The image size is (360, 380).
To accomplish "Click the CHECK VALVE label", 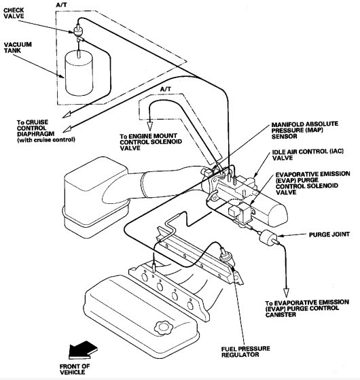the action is click(14, 14).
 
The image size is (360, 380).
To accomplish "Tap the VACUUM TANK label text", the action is click(18, 48).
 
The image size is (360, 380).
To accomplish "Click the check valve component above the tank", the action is click(78, 31).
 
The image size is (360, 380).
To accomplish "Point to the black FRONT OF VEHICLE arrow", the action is click(83, 350).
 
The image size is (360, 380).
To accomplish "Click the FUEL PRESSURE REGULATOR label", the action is click(245, 351).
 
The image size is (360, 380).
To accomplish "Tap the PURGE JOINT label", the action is click(329, 235).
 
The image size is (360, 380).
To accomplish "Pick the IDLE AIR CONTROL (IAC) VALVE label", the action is click(308, 154).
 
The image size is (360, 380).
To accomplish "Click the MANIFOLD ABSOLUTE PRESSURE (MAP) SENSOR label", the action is click(304, 130).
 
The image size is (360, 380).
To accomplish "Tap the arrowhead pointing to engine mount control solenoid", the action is click(150, 126).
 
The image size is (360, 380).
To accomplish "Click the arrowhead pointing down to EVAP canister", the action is click(286, 292).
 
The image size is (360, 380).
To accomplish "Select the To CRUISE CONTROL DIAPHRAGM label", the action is click(46, 131).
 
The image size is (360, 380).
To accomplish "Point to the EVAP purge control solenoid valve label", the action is click(312, 183).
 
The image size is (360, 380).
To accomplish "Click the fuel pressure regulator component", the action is click(226, 258).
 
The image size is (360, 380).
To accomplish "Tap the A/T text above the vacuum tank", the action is click(61, 5).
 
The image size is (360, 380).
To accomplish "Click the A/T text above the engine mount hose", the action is click(165, 89).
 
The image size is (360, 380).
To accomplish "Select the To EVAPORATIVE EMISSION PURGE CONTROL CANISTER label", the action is click(307, 309).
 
